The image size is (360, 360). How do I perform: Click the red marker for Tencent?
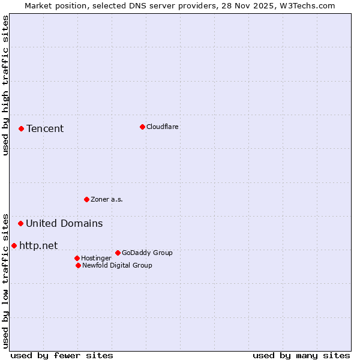(21, 128)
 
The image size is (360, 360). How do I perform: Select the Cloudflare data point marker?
(142, 127)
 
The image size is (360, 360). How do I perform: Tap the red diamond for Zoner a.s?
(86, 199)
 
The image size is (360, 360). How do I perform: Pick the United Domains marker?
(20, 223)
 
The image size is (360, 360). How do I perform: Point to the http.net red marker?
(14, 245)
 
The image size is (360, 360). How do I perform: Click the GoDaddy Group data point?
(118, 253)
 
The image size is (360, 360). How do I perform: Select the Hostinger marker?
(77, 258)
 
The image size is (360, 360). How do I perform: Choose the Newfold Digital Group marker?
(78, 265)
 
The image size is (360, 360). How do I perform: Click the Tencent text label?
(45, 128)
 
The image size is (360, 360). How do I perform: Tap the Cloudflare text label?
(162, 127)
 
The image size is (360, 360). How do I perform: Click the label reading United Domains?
(64, 223)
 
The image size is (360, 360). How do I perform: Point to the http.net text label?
(38, 245)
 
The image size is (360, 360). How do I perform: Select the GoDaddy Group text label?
(147, 253)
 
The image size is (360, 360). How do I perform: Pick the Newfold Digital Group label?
(117, 265)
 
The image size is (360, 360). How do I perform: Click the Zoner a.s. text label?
(107, 199)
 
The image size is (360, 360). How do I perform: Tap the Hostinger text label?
(96, 258)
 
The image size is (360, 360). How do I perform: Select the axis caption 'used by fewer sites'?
(62, 355)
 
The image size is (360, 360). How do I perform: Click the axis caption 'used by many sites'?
(301, 355)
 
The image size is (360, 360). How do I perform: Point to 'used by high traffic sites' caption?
(5, 85)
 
